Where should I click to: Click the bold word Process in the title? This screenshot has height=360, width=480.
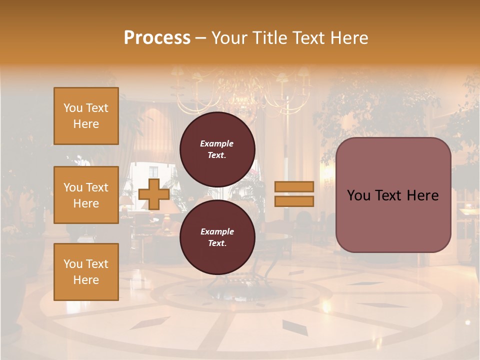click(157, 38)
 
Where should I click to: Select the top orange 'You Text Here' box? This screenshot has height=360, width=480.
click(86, 116)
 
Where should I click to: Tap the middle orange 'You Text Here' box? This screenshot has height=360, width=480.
click(86, 195)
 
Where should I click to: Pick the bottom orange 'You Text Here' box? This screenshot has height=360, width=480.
click(86, 272)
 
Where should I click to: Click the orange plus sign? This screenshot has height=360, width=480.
click(153, 194)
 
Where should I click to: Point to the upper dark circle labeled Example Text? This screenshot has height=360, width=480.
click(217, 149)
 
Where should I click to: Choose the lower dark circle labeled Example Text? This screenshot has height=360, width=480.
click(217, 237)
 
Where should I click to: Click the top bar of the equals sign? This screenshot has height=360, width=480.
click(294, 187)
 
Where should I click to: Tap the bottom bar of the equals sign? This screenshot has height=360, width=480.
click(294, 201)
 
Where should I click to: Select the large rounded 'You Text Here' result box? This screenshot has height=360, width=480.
click(393, 195)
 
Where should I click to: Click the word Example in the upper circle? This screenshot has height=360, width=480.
click(217, 143)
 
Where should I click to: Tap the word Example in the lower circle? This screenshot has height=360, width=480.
click(217, 231)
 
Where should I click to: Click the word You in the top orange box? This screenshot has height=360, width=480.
click(72, 108)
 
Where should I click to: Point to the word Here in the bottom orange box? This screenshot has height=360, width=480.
click(86, 280)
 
